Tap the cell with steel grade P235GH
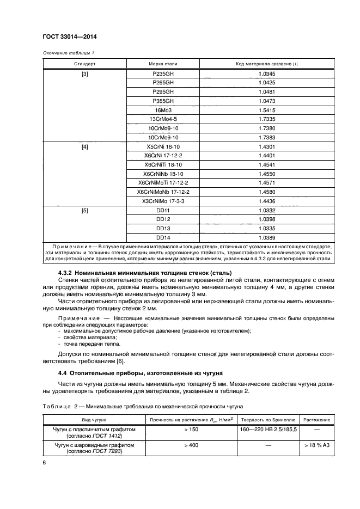[162, 73]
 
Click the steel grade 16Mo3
[162, 111]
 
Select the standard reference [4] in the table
[85, 147]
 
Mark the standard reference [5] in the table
[85, 211]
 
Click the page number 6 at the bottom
[44, 462]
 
